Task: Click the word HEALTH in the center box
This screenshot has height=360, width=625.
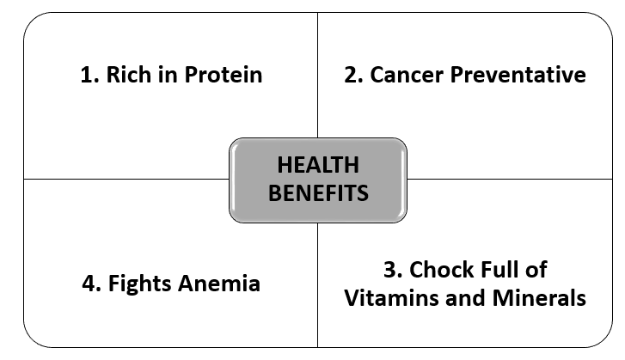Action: [318, 165]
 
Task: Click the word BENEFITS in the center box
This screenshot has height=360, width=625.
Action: [318, 193]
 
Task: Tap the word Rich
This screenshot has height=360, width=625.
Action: [128, 75]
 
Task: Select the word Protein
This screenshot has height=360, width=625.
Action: [224, 75]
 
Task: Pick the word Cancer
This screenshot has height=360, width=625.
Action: [407, 75]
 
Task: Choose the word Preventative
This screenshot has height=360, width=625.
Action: [518, 75]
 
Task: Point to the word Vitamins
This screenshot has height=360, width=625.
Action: [391, 298]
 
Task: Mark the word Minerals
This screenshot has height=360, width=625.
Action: [539, 298]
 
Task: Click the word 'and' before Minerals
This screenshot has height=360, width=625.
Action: [465, 298]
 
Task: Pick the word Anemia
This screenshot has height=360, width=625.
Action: [219, 284]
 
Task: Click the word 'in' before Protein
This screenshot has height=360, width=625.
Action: [168, 75]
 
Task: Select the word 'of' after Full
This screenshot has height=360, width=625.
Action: [536, 270]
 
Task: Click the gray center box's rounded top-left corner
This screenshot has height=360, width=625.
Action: [233, 142]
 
